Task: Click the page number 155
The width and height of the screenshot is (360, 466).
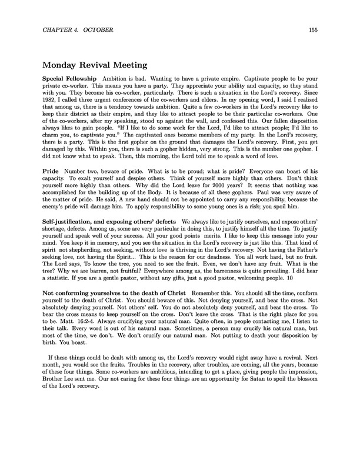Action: (313, 29)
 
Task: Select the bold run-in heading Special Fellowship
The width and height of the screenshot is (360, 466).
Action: (68, 79)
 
